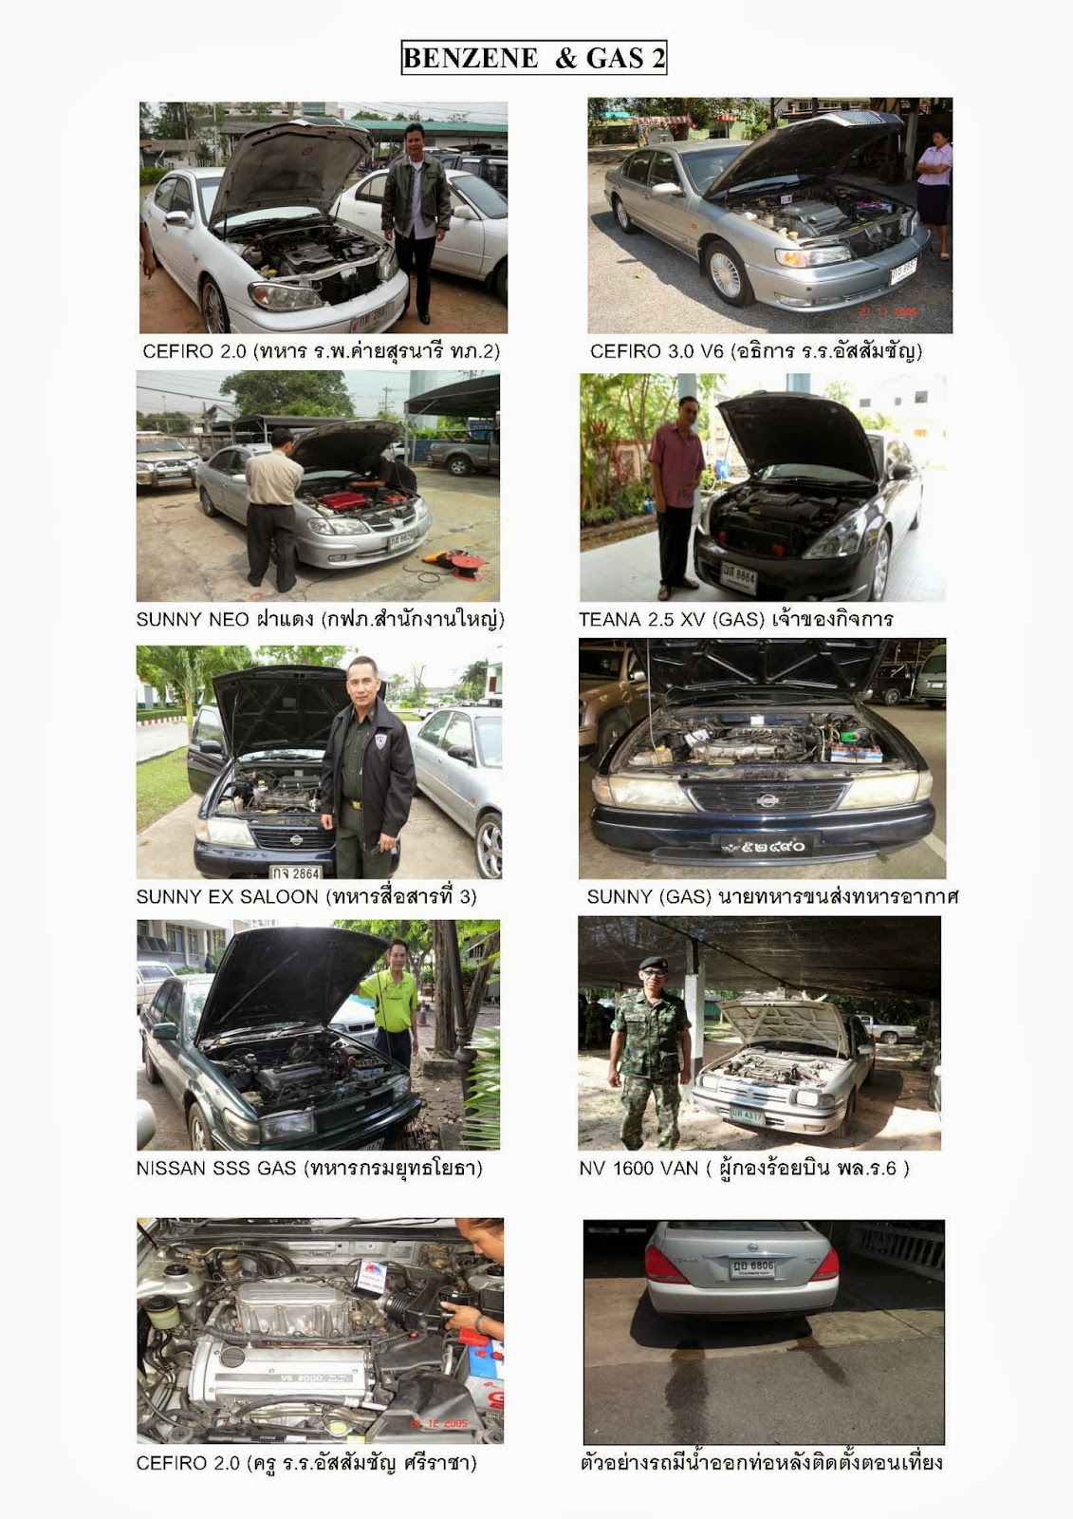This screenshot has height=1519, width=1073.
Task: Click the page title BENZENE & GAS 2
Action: [x=534, y=58]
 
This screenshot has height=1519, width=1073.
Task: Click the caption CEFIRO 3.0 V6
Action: [x=657, y=351]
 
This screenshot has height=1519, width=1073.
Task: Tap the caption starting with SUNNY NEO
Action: [x=321, y=619]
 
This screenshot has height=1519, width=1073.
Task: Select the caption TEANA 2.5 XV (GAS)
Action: [x=672, y=619]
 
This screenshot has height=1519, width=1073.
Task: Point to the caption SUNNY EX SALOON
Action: [x=227, y=896]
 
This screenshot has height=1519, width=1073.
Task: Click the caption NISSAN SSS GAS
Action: [x=216, y=1168]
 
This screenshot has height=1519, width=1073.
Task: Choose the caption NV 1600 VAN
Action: [x=638, y=1168]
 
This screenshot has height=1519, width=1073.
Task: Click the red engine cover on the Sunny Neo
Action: [x=343, y=499]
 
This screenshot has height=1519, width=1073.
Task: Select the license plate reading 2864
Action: [x=296, y=872]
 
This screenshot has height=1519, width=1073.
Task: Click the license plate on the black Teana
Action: [x=739, y=576]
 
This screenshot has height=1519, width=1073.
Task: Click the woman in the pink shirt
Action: [x=935, y=194]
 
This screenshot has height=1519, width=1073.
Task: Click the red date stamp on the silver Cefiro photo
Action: [x=888, y=312]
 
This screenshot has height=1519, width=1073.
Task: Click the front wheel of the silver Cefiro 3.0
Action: [x=727, y=273]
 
